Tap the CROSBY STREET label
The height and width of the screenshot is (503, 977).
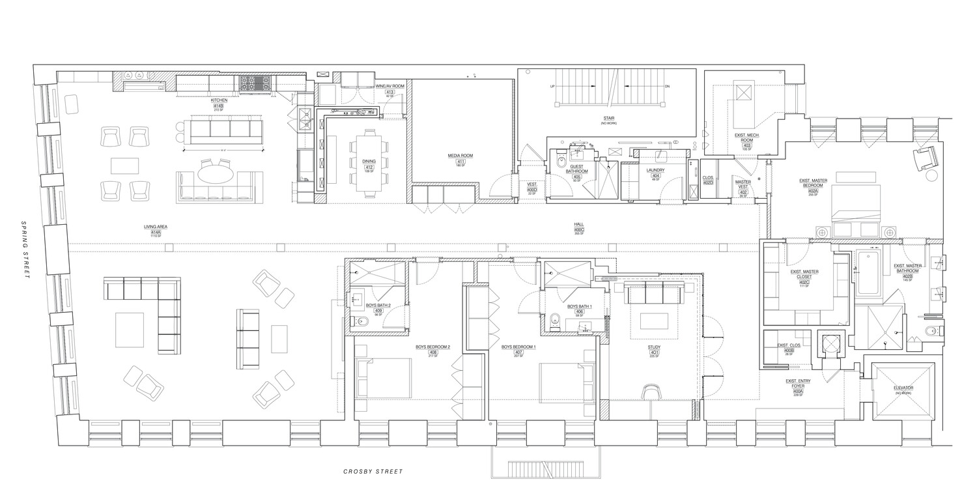(x=373, y=471)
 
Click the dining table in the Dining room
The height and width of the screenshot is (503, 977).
(x=369, y=160)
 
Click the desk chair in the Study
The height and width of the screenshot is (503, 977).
(x=651, y=390)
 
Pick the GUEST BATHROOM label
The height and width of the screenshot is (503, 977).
(x=577, y=169)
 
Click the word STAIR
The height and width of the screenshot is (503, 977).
(x=610, y=117)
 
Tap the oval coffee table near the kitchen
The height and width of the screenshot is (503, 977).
(x=216, y=174)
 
